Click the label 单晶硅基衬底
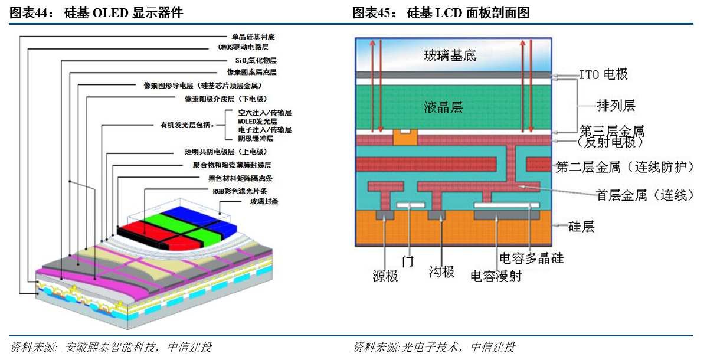pyautogui.click(x=253, y=37)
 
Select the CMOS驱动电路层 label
pyautogui.click(x=244, y=47)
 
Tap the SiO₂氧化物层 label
pyautogui.click(x=256, y=60)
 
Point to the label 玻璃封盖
pyautogui.click(x=264, y=201)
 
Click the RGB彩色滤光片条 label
pyautogui.click(x=240, y=191)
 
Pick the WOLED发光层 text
pyautogui.click(x=257, y=122)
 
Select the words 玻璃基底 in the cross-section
pyautogui.click(x=450, y=55)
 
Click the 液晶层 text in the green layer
pyautogui.click(x=443, y=107)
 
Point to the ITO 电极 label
pyautogui.click(x=603, y=74)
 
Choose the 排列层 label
pyautogui.click(x=616, y=106)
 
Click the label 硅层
pyautogui.click(x=581, y=226)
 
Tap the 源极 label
pyautogui.click(x=385, y=276)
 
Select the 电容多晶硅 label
pyautogui.click(x=532, y=258)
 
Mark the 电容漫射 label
pyautogui.click(x=496, y=276)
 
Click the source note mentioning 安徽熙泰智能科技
pyautogui.click(x=110, y=347)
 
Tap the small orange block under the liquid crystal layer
pyautogui.click(x=405, y=137)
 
